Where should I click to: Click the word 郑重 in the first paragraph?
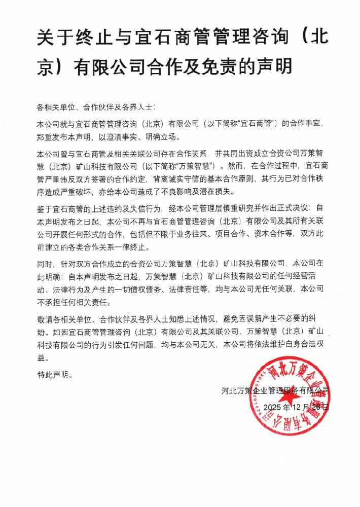(x=44, y=137)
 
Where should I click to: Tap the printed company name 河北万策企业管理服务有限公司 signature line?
(x=276, y=390)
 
